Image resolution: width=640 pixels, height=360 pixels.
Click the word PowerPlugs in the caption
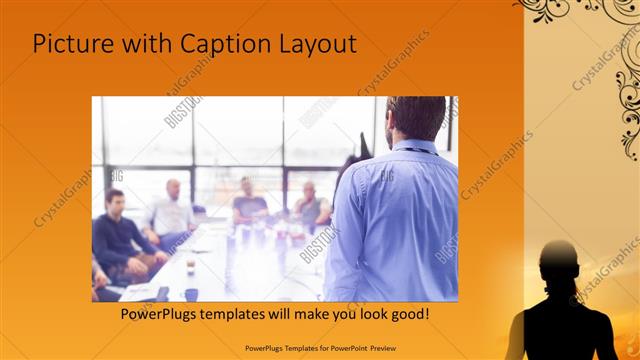coord(158,314)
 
